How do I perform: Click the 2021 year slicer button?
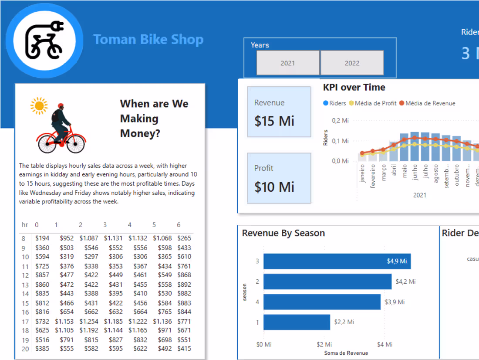(x=288, y=63)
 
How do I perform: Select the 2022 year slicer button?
(x=352, y=63)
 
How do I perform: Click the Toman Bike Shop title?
(x=148, y=40)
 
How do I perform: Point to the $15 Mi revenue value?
(x=274, y=121)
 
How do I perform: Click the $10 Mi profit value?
(x=274, y=187)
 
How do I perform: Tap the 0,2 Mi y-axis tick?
(x=340, y=120)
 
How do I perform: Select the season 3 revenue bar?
(x=337, y=261)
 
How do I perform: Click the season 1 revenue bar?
(x=297, y=322)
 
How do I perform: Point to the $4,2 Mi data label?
(x=405, y=282)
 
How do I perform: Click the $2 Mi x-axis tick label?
(x=324, y=344)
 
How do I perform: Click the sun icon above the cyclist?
(x=39, y=105)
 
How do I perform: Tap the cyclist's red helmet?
(x=60, y=106)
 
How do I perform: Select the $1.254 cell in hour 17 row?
(x=88, y=321)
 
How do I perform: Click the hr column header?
(x=25, y=225)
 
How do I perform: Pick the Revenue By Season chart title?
(x=283, y=233)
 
